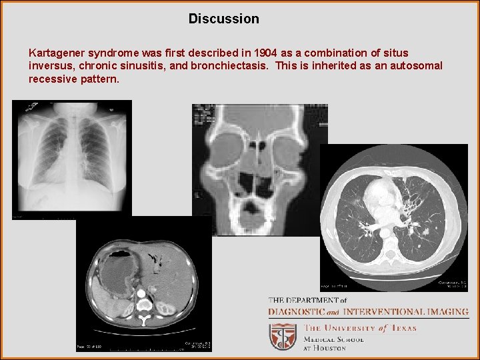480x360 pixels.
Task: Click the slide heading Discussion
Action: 223,19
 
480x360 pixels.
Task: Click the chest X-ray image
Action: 72,159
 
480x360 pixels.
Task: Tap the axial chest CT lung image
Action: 394,217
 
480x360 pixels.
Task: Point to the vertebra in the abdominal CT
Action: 144,308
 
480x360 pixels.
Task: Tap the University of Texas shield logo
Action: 283,337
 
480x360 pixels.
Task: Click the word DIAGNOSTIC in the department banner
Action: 297,312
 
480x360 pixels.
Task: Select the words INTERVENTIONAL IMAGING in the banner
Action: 405,312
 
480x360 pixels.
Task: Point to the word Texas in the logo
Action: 403,327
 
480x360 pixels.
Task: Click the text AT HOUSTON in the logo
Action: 325,348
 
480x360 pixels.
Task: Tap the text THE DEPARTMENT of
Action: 307,301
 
